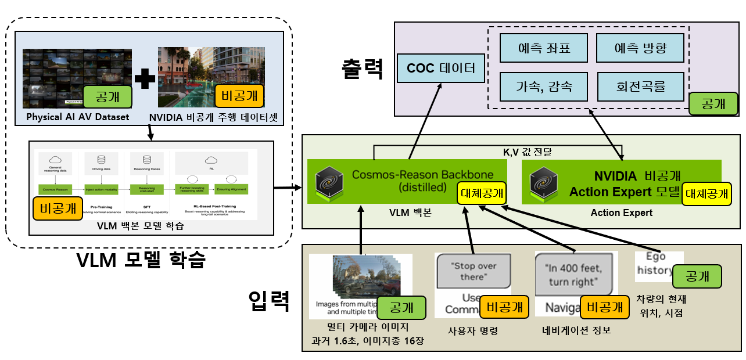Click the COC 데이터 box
(441, 69)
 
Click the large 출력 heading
(363, 69)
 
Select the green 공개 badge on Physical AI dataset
(107, 96)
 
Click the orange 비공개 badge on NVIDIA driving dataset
(239, 96)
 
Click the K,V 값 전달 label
(527, 153)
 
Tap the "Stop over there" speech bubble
(474, 271)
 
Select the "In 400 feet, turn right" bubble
(574, 275)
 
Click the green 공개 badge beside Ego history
(697, 276)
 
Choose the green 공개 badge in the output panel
(712, 103)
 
